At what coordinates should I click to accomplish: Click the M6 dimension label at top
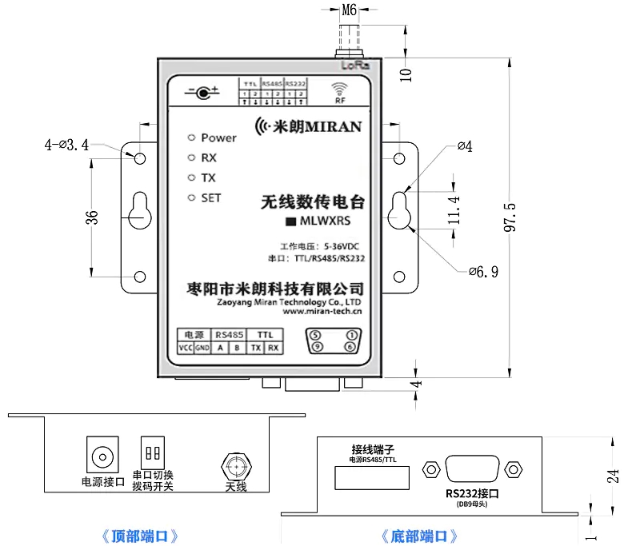[x=350, y=10]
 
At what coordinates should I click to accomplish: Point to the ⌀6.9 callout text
[x=483, y=271]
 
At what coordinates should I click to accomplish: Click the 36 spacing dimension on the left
[x=92, y=217]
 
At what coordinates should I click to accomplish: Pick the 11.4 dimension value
[x=454, y=210]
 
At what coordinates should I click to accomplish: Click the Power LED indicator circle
[x=190, y=137]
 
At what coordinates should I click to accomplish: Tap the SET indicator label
[x=211, y=197]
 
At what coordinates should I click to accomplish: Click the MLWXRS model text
[x=323, y=221]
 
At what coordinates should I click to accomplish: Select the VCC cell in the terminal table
[x=185, y=348]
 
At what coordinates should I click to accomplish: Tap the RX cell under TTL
[x=273, y=348]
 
